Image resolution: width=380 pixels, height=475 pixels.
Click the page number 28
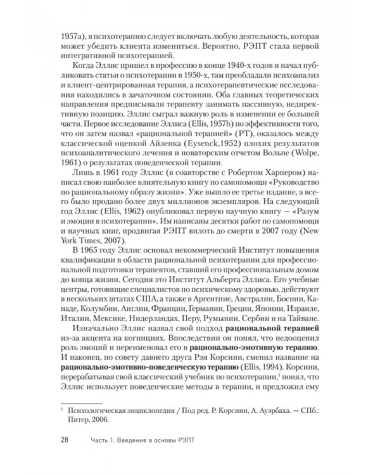[x=65, y=440]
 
